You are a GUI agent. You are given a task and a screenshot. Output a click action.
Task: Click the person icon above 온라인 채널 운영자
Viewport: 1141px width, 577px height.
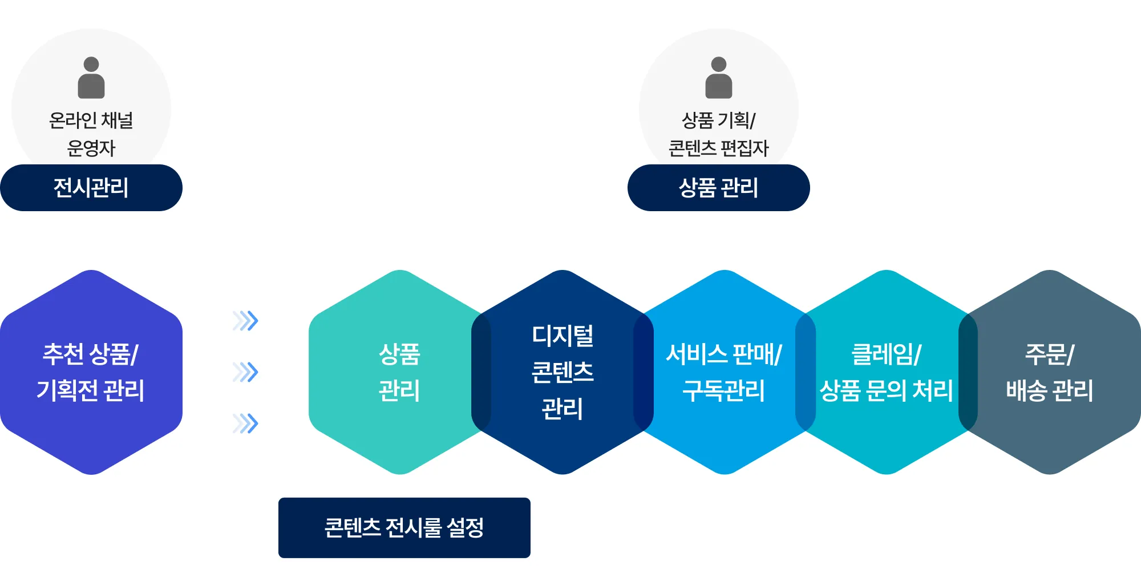[x=91, y=78]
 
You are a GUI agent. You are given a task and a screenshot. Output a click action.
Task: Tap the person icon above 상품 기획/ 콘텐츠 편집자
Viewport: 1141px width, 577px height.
[x=719, y=78]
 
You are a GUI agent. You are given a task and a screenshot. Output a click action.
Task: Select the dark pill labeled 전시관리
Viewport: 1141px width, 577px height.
[x=91, y=188]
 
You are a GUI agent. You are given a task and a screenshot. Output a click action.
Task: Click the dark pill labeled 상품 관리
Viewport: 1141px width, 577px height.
[x=719, y=188]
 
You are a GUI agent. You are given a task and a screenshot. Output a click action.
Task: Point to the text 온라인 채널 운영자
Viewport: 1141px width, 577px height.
[x=91, y=134]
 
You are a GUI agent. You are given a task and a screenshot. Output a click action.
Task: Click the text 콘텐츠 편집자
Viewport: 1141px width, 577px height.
[x=719, y=148]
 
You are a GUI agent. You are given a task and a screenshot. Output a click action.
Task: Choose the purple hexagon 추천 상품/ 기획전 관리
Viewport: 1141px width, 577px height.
[x=91, y=372]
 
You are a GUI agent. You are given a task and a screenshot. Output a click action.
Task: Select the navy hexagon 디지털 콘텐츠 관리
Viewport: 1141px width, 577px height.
[x=563, y=372]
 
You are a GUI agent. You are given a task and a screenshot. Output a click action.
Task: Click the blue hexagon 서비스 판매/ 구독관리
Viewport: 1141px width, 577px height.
[x=725, y=372]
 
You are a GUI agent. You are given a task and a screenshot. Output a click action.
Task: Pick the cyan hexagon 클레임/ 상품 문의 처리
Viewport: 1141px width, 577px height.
[x=887, y=372]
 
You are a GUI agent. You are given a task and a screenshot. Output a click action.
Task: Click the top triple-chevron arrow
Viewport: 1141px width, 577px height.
[x=246, y=321]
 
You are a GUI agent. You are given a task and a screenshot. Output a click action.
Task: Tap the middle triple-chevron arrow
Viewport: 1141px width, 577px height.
[x=246, y=372]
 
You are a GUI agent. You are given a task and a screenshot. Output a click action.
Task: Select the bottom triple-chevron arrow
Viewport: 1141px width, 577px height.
[x=246, y=423]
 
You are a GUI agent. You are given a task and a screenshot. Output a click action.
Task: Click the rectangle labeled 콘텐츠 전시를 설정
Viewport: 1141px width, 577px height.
[x=404, y=528]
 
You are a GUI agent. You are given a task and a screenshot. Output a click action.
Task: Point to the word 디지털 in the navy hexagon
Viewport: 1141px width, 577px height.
[x=563, y=336]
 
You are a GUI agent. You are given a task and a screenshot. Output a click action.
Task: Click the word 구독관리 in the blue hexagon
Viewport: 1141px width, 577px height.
[x=724, y=391]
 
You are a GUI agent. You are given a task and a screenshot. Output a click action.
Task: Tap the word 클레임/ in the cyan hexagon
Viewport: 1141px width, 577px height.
[x=886, y=354]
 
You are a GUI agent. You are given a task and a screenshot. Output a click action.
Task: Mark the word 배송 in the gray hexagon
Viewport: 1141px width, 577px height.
[x=1026, y=391]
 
